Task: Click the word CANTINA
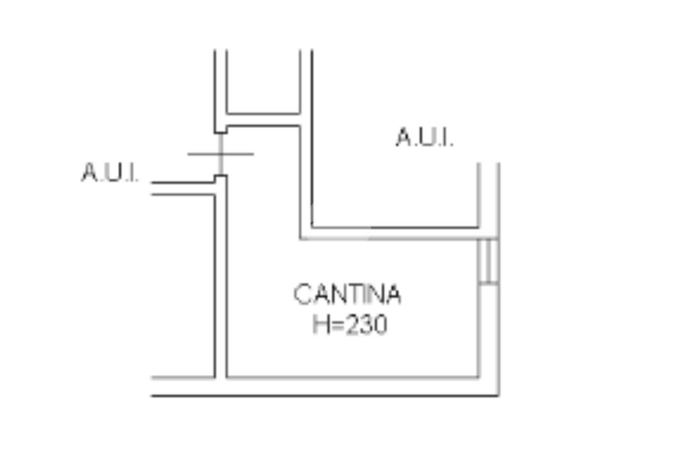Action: pyautogui.click(x=347, y=295)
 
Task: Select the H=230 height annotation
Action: pyautogui.click(x=350, y=325)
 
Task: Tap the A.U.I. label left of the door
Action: pyautogui.click(x=110, y=173)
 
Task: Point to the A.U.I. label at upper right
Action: pyautogui.click(x=424, y=138)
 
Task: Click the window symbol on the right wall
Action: pyautogui.click(x=488, y=261)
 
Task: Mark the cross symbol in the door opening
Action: pyautogui.click(x=220, y=154)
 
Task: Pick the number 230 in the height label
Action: pyautogui.click(x=366, y=325)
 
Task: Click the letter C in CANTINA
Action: pyautogui.click(x=302, y=295)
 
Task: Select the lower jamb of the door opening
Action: pyautogui.click(x=220, y=178)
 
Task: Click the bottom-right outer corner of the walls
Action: pyautogui.click(x=498, y=395)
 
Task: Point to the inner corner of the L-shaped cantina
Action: pyautogui.click(x=301, y=238)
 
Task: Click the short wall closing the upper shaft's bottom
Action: pyautogui.click(x=263, y=120)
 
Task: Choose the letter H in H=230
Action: pyautogui.click(x=320, y=325)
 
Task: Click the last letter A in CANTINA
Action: pyautogui.click(x=392, y=295)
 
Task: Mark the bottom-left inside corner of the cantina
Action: pyautogui.click(x=226, y=377)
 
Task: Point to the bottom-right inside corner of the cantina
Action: pyautogui.click(x=478, y=377)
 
